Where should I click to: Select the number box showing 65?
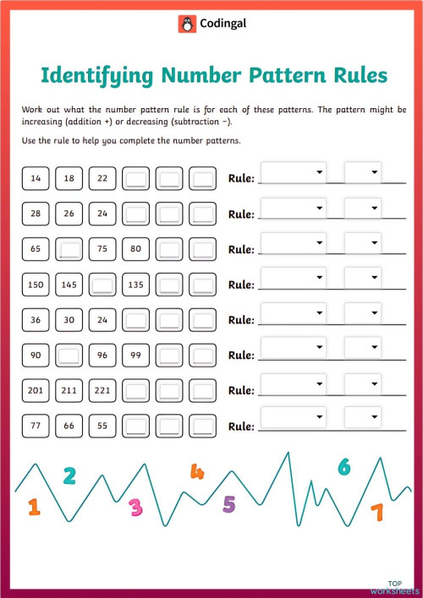(x=35, y=249)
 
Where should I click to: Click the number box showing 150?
(x=35, y=285)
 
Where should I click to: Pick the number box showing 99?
(x=135, y=356)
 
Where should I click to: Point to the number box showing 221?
(x=102, y=391)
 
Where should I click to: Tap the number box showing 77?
(x=35, y=427)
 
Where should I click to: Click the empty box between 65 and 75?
(x=69, y=249)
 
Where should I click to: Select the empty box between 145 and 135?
(x=102, y=285)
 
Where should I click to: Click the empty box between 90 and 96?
(x=69, y=356)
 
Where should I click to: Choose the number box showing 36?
(x=35, y=320)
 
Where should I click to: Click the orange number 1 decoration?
(x=34, y=507)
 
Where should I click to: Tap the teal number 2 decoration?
(x=69, y=476)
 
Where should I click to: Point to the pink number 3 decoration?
(x=135, y=507)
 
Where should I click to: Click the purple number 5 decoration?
(x=228, y=504)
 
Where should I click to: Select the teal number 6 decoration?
(x=343, y=466)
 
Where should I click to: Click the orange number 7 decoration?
(x=376, y=512)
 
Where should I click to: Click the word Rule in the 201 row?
(x=241, y=392)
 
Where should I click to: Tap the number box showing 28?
(x=35, y=214)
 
